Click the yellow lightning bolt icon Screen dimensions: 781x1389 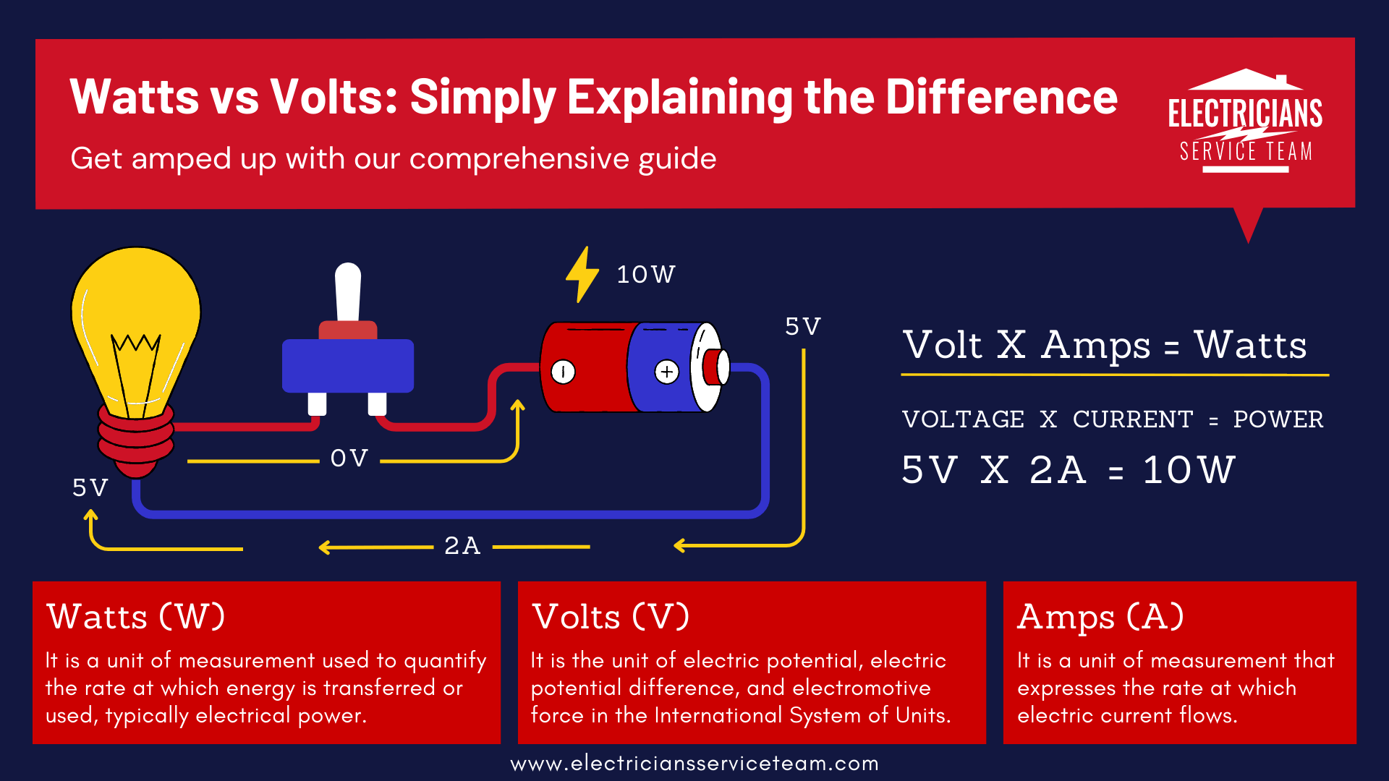(582, 275)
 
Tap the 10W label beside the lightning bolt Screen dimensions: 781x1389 (645, 275)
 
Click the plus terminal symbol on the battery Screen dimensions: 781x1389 (666, 372)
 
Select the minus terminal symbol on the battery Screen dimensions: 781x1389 (563, 372)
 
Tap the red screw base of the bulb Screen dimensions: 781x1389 (136, 438)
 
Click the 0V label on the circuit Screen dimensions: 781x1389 (349, 458)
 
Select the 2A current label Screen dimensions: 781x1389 (462, 546)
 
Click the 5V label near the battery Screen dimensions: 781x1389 (803, 327)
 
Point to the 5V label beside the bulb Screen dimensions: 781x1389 (90, 488)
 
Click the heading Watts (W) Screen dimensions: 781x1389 (136, 618)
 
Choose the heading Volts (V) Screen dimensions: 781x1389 (611, 618)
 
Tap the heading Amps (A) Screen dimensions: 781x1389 (1100, 618)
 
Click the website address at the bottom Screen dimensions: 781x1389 (694, 764)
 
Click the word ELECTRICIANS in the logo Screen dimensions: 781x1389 (1245, 114)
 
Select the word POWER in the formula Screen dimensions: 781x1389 (1278, 419)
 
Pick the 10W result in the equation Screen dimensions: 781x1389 (1189, 470)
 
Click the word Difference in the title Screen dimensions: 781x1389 (1001, 97)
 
